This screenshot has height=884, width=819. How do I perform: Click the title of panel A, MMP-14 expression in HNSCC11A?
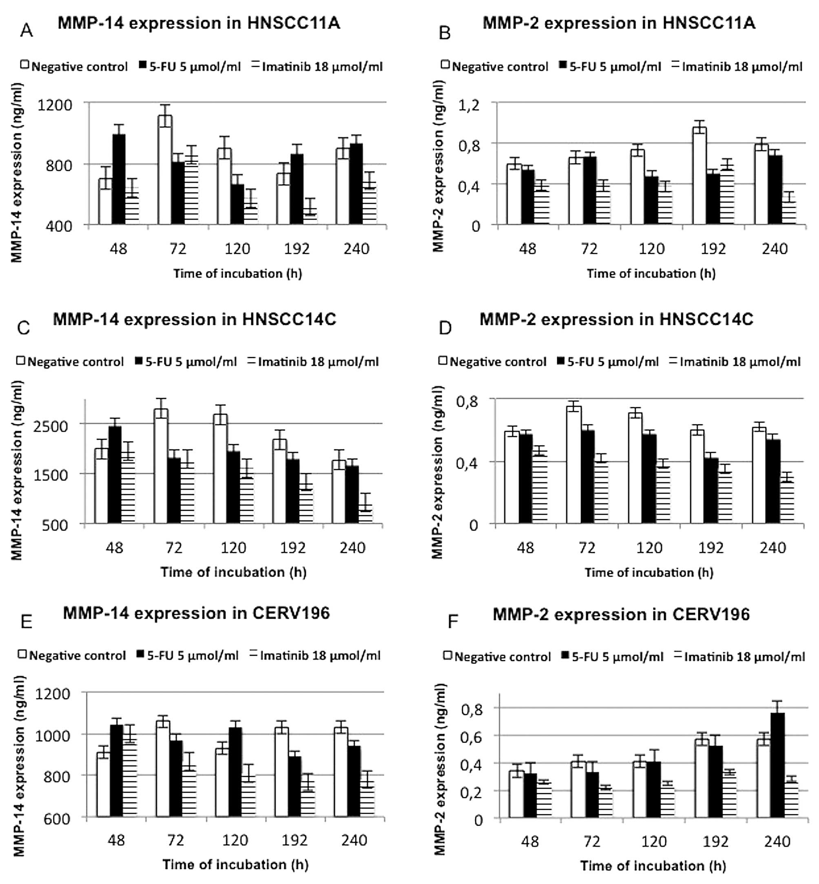199,23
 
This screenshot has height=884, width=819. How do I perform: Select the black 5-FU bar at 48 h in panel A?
118,179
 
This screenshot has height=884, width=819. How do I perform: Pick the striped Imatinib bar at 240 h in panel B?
789,213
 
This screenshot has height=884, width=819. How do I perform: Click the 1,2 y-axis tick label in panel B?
469,106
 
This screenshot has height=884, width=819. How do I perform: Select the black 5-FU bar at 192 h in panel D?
711,491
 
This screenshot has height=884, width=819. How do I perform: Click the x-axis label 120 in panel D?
649,548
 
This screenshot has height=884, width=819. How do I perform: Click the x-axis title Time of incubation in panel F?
653,865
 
